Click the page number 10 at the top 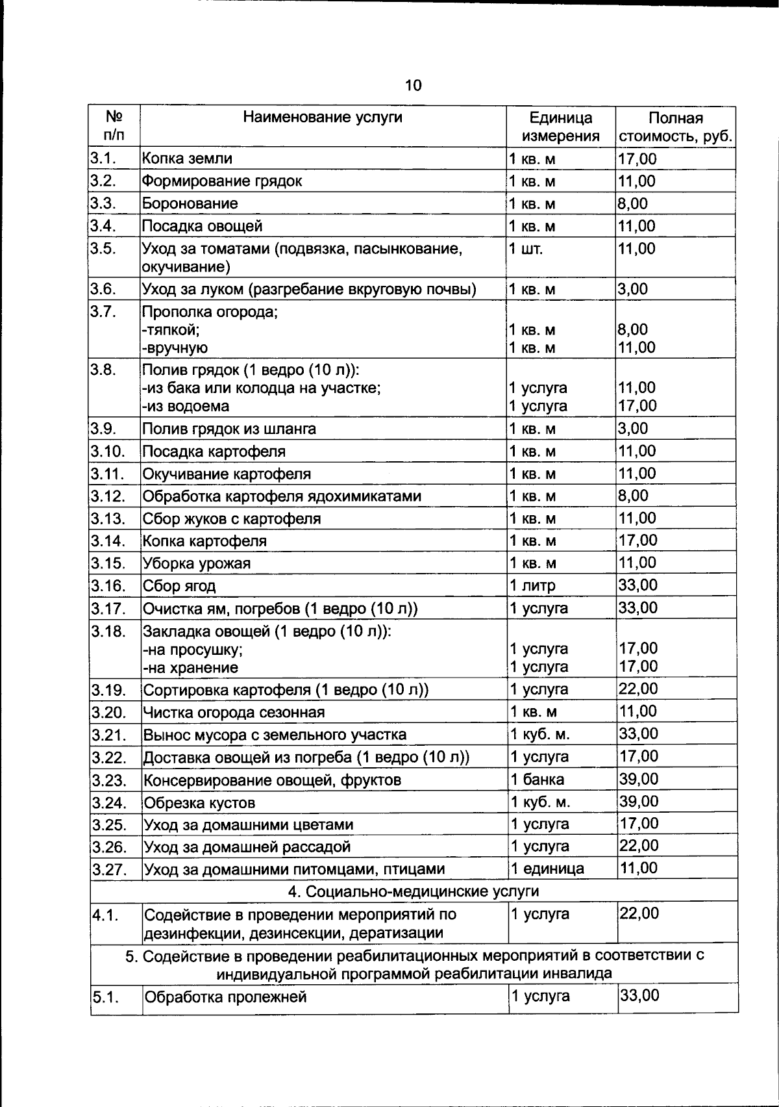pos(413,85)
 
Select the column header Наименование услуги pos(323,117)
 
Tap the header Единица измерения pos(561,127)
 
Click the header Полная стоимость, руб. pos(676,127)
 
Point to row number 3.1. pos(103,159)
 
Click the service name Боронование pos(190,203)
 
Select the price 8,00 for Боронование pos(633,203)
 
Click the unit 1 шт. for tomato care pos(526,249)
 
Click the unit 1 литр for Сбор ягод pos(532,585)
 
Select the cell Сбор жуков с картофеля pos(232,518)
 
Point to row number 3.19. pos(108,689)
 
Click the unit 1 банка pos(537,779)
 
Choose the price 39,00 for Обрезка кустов pos(639,801)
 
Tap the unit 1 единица pos(547,869)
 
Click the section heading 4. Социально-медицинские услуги pos(413,891)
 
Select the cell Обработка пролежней pos(225,997)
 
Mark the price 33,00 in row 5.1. pos(639,995)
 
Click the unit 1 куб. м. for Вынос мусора pos(540,734)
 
